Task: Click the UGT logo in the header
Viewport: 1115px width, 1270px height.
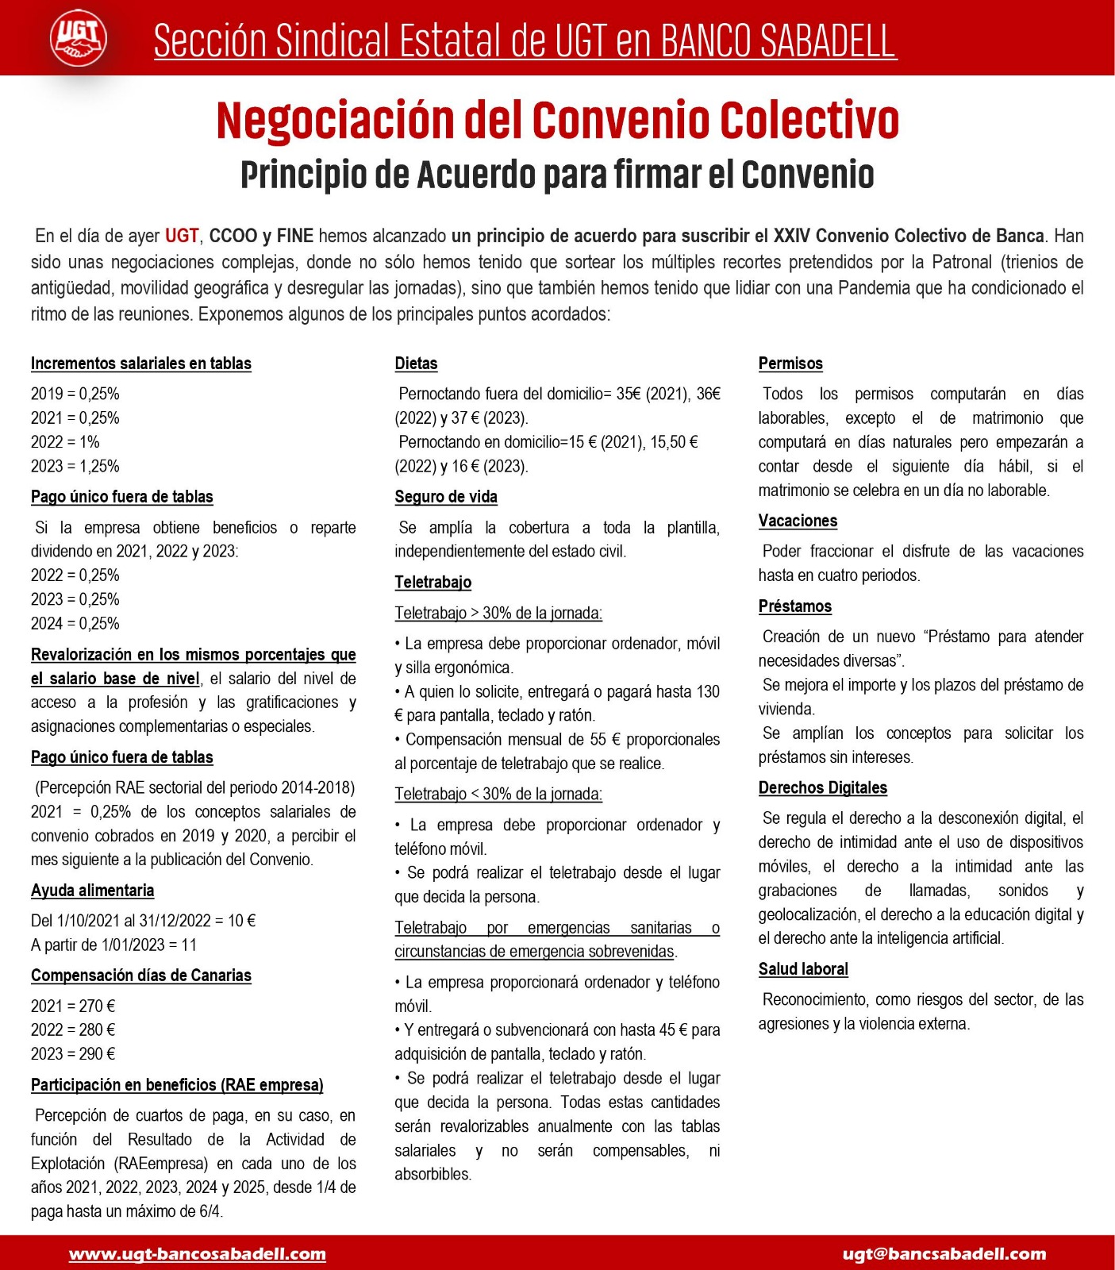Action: tap(79, 38)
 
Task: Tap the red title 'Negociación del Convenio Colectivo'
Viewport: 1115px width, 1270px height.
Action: tap(557, 121)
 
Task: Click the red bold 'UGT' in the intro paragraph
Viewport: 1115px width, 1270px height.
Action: tap(182, 236)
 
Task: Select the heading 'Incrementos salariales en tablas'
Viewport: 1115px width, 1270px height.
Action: tap(141, 364)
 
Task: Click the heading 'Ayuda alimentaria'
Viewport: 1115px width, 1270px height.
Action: tap(93, 891)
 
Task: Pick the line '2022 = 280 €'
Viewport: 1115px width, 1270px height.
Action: tap(73, 1030)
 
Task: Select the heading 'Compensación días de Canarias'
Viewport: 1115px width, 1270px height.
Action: tap(141, 976)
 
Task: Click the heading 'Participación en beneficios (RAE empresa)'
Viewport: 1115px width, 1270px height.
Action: tap(177, 1085)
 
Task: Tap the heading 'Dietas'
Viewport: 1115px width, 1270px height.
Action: tap(416, 364)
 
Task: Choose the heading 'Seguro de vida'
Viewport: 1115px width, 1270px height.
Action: tap(446, 497)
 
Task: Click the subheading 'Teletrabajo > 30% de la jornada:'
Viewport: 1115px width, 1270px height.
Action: tap(498, 613)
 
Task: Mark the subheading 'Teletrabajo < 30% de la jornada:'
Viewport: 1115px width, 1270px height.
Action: tap(498, 794)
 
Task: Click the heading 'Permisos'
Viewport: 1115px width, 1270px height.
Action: tap(790, 364)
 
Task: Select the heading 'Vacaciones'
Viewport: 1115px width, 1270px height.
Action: tap(798, 521)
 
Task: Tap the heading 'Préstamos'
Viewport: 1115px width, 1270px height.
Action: tap(795, 606)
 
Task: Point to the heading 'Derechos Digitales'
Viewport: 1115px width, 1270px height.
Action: tap(823, 787)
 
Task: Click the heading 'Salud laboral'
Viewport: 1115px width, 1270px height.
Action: tap(803, 969)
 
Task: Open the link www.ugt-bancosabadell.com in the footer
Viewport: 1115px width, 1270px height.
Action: tap(198, 1254)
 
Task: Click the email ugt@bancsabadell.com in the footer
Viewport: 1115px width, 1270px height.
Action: tap(944, 1254)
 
